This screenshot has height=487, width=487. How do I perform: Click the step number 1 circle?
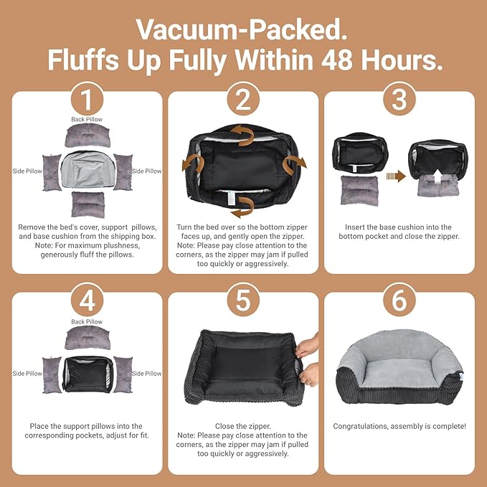(87, 100)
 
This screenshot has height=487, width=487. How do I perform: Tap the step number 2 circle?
(243, 100)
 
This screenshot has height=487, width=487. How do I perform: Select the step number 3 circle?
(399, 100)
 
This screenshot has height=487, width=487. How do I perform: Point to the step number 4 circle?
(87, 301)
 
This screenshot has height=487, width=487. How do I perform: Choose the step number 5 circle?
(243, 301)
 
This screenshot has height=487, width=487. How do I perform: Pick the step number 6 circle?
(399, 301)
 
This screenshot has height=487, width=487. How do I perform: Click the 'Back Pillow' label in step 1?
(87, 119)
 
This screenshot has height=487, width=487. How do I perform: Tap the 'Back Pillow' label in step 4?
(87, 322)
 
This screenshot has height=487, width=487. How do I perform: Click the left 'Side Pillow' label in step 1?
(27, 171)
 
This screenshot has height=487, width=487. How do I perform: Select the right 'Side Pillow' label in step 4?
(146, 374)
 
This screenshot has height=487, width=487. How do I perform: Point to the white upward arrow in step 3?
(438, 176)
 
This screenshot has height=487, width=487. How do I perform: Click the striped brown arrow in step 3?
(396, 176)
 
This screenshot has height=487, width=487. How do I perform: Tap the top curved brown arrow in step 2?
(243, 136)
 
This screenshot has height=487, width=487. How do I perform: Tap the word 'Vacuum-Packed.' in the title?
(242, 29)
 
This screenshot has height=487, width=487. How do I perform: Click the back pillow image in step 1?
(88, 136)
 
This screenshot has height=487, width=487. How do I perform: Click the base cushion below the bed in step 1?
(88, 204)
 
